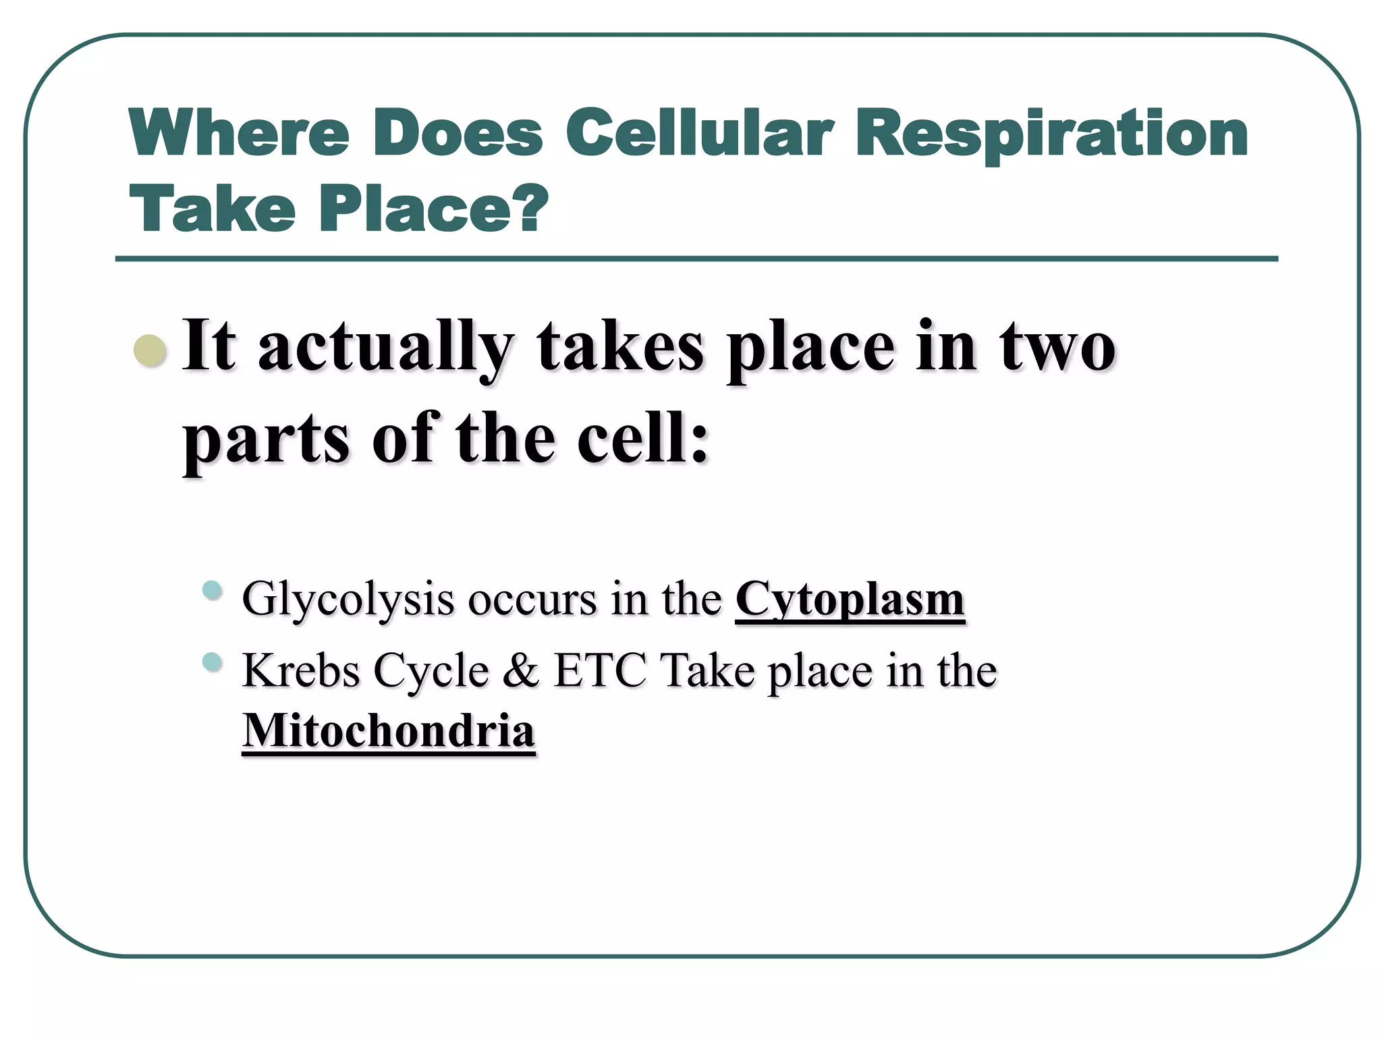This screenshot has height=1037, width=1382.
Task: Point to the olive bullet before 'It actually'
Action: coord(150,350)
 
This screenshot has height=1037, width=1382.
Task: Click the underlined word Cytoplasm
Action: coord(850,600)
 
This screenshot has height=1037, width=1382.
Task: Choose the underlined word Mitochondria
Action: coord(389,731)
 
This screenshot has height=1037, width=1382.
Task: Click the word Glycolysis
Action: coord(348,600)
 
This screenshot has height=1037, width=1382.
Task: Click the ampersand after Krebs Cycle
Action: coord(521,671)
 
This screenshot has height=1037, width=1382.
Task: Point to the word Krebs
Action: coord(301,671)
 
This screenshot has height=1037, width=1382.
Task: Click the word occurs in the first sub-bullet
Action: coord(532,600)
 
